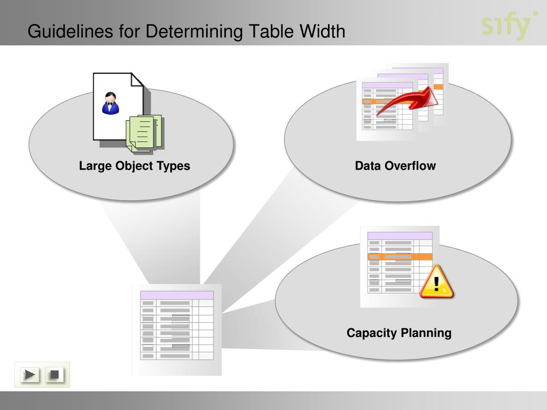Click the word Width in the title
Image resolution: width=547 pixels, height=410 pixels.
(322, 31)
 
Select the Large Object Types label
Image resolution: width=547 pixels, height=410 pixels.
(135, 166)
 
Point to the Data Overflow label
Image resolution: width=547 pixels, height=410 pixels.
(395, 166)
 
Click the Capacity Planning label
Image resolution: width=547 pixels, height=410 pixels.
(399, 333)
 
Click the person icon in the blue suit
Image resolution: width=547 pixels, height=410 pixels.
(110, 103)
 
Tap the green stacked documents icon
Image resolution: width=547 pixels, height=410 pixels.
(143, 133)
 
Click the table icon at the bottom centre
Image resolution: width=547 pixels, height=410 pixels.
(177, 328)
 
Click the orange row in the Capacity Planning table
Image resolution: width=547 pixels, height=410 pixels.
(400, 257)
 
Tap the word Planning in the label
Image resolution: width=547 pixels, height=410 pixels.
(426, 333)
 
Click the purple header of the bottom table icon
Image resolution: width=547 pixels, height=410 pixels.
(177, 295)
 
